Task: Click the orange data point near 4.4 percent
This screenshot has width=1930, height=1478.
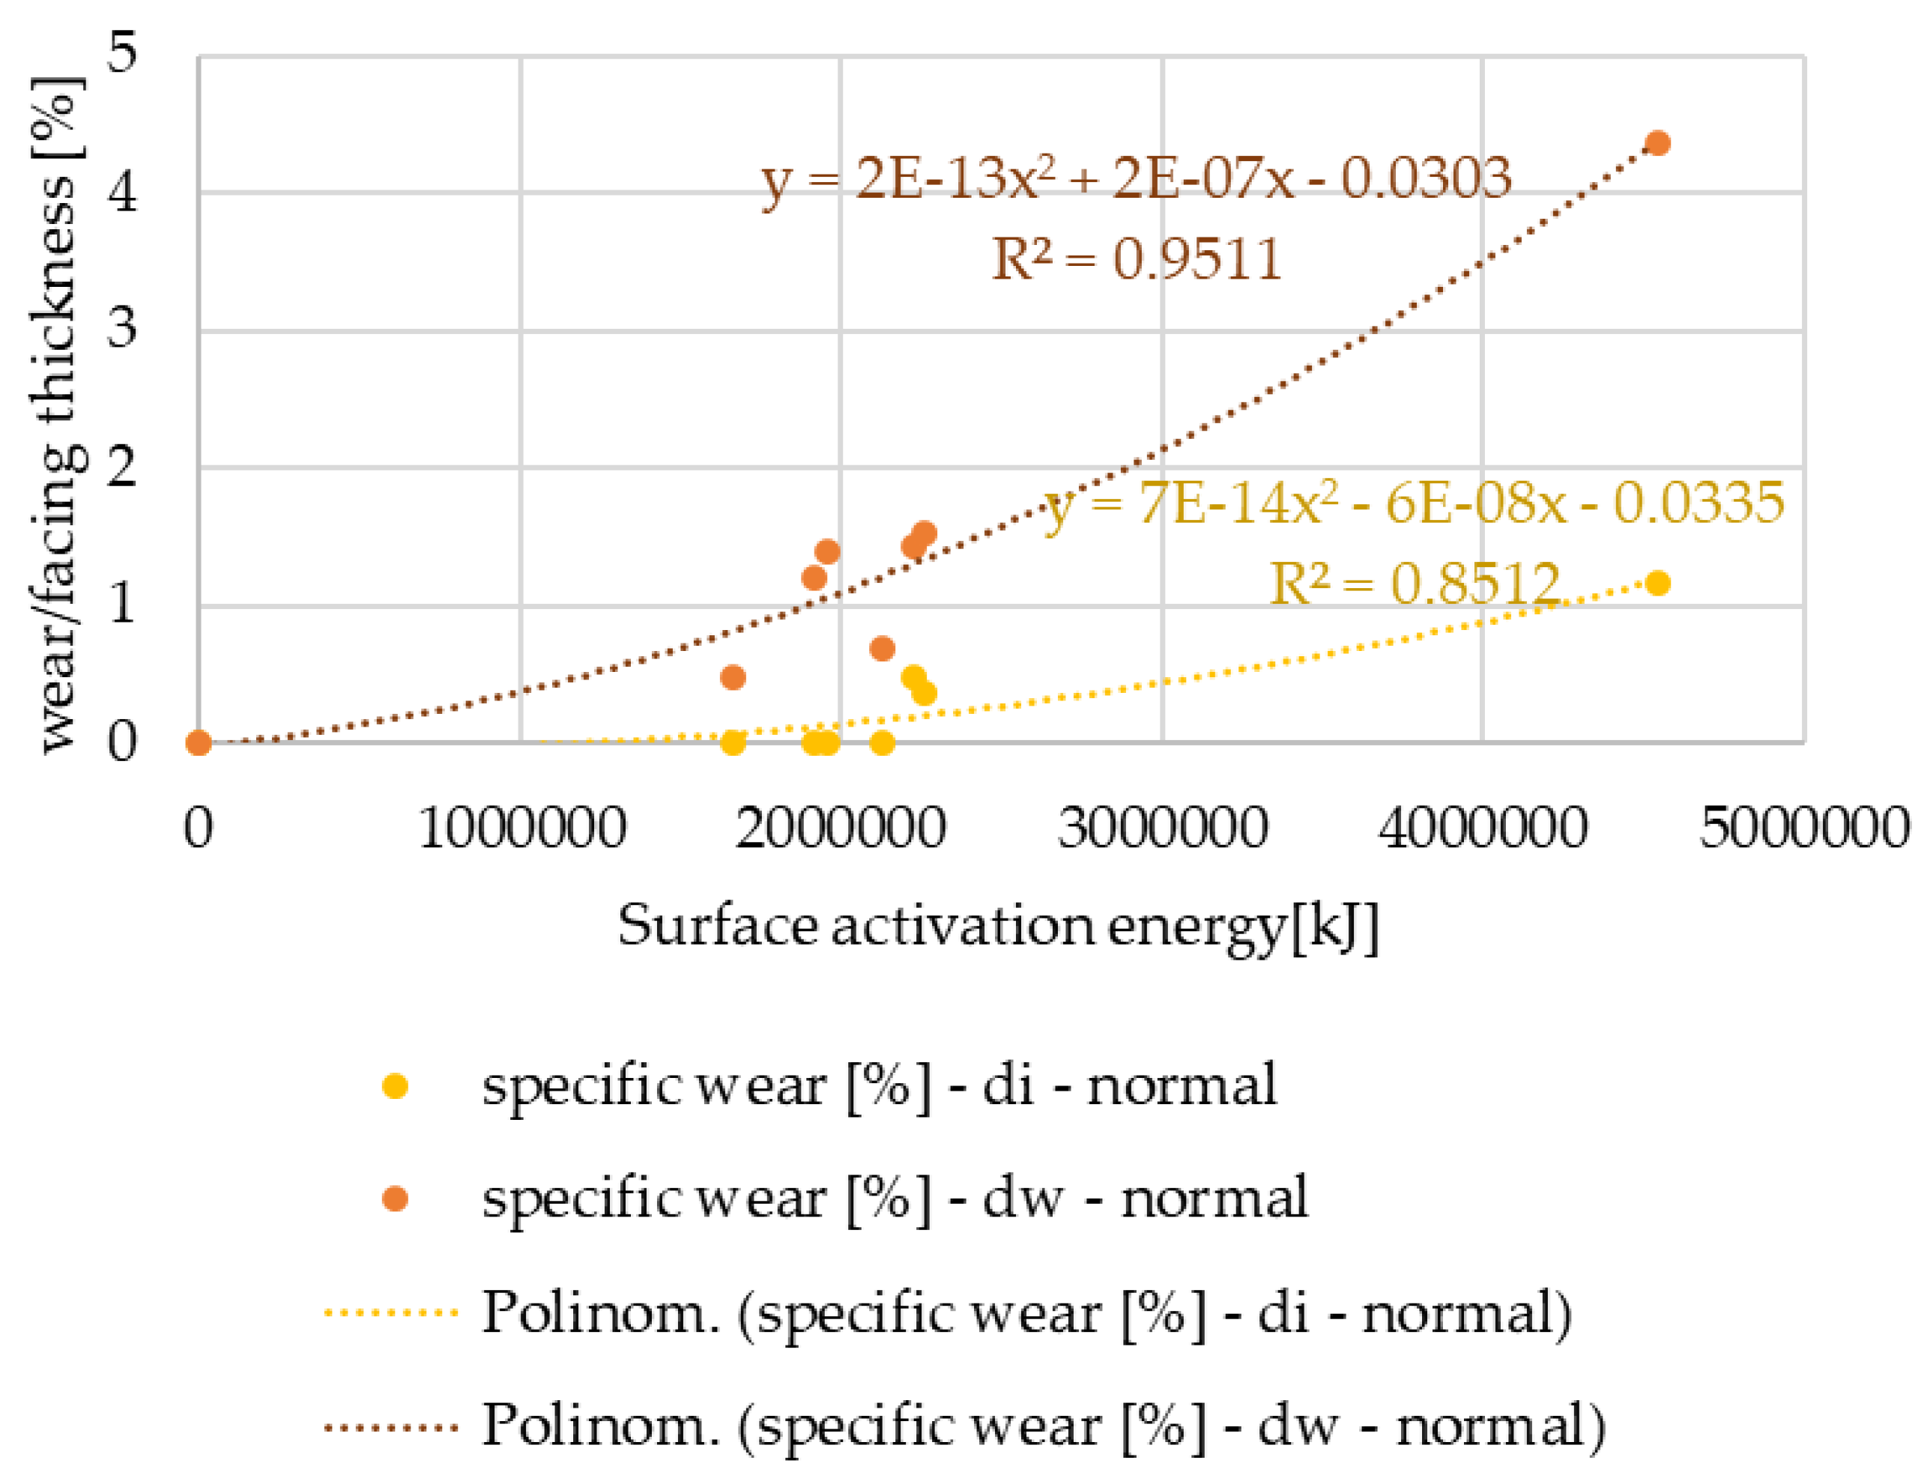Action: point(1657,142)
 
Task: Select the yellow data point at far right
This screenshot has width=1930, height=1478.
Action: point(1657,584)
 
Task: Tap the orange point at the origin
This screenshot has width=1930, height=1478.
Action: point(199,742)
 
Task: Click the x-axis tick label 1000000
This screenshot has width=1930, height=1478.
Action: point(521,828)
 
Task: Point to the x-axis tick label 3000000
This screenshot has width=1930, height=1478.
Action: point(1162,828)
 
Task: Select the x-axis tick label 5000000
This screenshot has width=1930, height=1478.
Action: point(1803,828)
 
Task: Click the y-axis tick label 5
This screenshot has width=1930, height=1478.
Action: point(122,52)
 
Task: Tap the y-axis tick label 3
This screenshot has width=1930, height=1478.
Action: point(122,328)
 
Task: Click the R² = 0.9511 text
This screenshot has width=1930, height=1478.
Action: point(1136,259)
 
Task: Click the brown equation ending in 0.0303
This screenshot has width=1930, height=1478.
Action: point(1136,178)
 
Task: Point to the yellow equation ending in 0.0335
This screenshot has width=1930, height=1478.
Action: point(1414,504)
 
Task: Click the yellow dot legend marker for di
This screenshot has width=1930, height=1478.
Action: point(395,1086)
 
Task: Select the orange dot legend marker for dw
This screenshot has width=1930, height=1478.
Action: point(395,1199)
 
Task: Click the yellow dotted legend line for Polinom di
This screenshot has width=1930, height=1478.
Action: point(391,1313)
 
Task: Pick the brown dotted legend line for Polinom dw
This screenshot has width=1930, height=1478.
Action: point(391,1426)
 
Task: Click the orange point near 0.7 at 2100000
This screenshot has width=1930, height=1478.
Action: point(883,649)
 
